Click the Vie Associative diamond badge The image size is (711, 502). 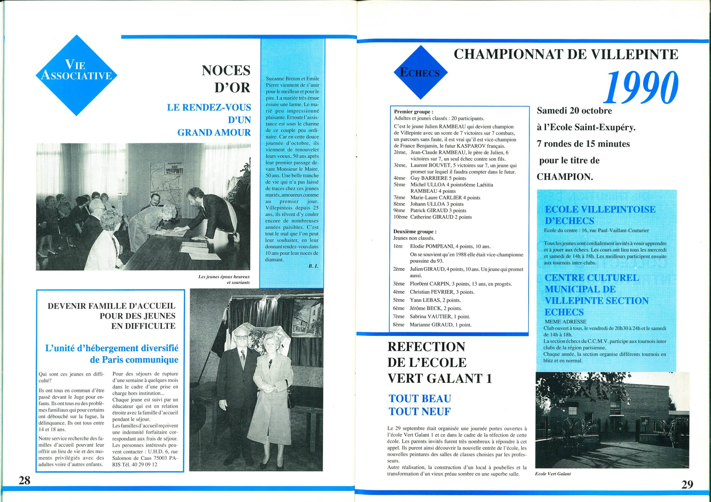pyautogui.click(x=76, y=75)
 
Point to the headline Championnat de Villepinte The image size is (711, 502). pyautogui.click(x=566, y=55)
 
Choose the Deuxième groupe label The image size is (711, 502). pyautogui.click(x=415, y=231)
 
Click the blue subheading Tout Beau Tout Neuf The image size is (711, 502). pyautogui.click(x=420, y=405)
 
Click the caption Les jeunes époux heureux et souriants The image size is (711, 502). pyautogui.click(x=224, y=280)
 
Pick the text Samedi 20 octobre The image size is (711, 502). pyautogui.click(x=574, y=111)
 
